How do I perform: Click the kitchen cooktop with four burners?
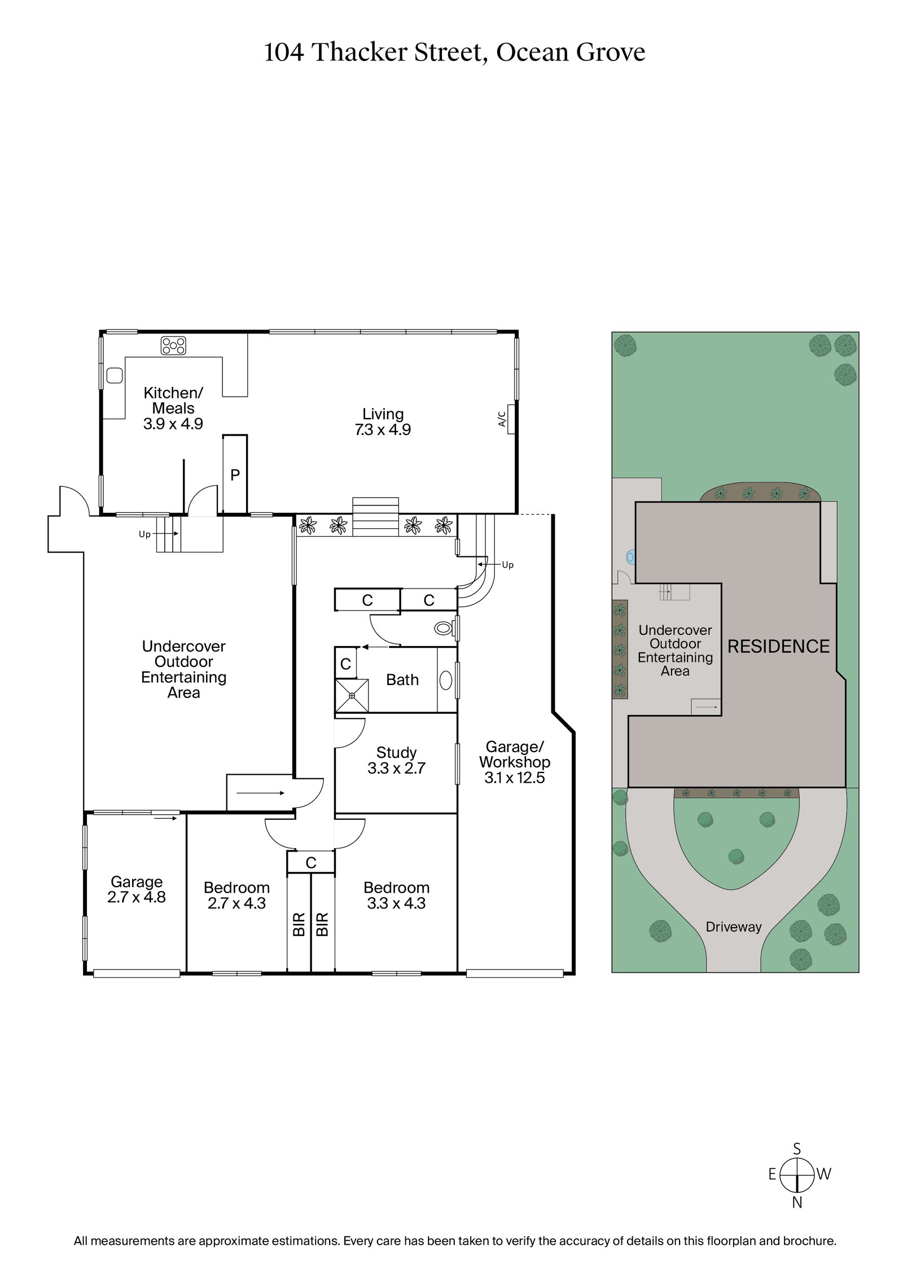[173, 345]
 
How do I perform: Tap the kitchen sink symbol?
[115, 375]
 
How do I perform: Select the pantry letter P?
[235, 475]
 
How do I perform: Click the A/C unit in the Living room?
[510, 419]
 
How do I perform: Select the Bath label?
[402, 679]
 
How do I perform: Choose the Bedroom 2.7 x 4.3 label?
[236, 903]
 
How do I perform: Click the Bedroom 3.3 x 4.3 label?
[396, 903]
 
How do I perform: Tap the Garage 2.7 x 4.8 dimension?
[137, 897]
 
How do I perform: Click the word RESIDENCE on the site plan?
[778, 646]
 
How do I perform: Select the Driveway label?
[733, 927]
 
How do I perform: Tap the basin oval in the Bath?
[445, 680]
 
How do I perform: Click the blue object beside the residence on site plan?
[630, 558]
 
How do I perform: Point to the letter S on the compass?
[797, 1149]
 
